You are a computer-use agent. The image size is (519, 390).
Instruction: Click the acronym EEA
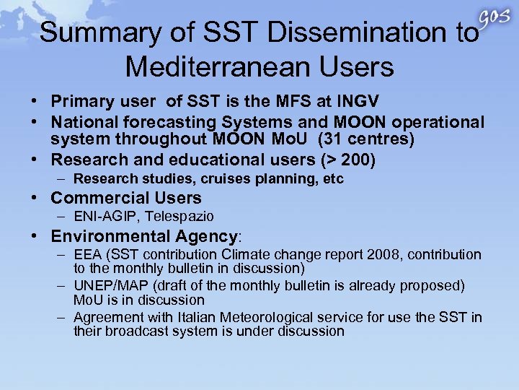tap(87, 254)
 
